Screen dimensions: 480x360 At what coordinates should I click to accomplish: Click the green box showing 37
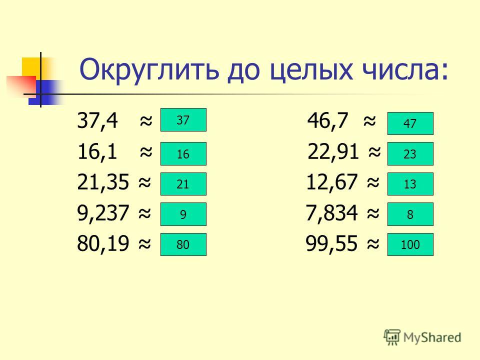click(183, 119)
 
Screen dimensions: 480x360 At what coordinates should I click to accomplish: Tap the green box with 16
click(183, 153)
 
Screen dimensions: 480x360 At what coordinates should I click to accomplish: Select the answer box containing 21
click(183, 184)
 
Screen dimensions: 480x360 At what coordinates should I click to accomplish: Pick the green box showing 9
click(183, 214)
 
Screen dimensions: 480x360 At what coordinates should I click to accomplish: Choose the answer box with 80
click(183, 244)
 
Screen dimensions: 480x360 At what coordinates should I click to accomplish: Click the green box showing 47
click(410, 123)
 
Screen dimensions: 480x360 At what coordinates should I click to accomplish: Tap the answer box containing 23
click(410, 153)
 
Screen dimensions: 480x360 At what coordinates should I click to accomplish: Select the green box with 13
click(410, 184)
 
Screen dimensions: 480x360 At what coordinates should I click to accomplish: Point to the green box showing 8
click(410, 214)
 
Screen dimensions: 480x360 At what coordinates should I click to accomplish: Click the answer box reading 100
click(410, 244)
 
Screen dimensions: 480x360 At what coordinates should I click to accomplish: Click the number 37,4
click(97, 120)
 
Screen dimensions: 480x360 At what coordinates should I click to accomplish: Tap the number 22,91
click(333, 151)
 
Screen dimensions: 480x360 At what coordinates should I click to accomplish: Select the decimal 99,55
click(331, 243)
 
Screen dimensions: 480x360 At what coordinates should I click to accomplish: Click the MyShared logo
click(422, 337)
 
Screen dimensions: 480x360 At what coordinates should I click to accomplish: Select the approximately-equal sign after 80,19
click(145, 243)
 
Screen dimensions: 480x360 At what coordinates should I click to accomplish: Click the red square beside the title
click(21, 86)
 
